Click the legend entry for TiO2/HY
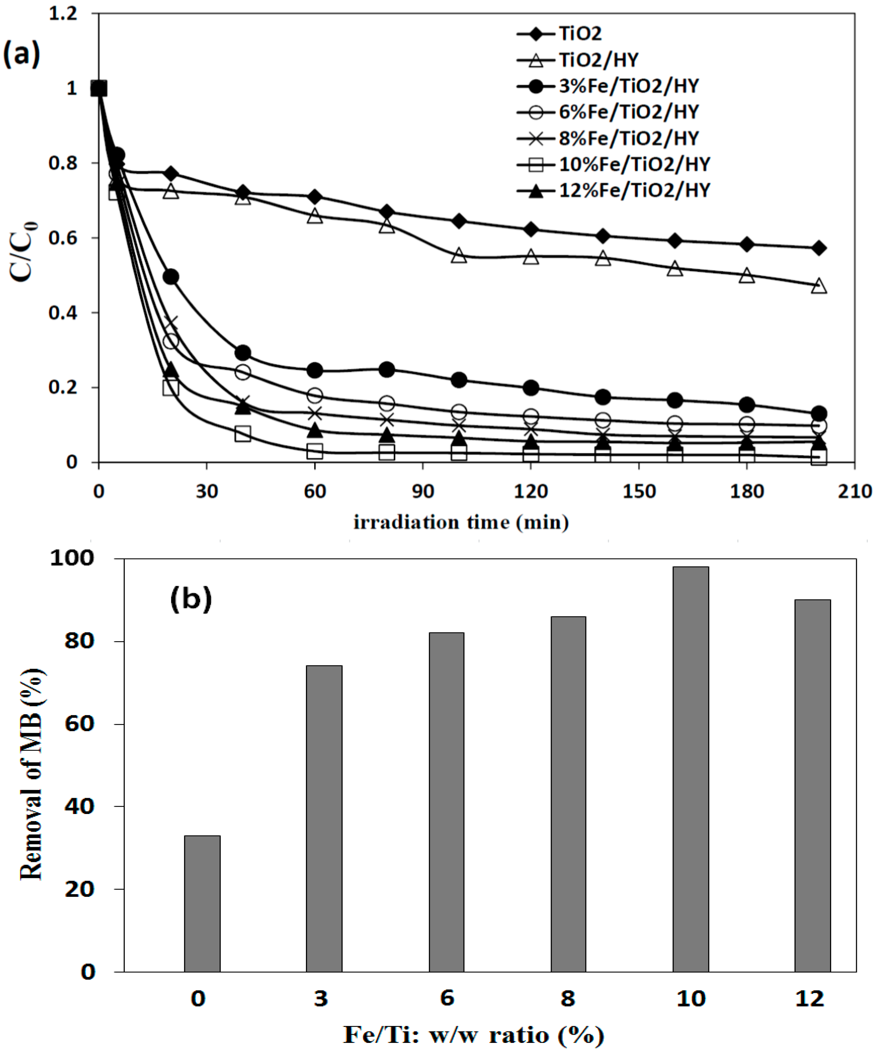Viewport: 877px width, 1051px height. pos(598,60)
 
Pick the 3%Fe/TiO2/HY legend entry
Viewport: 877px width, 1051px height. pos(628,86)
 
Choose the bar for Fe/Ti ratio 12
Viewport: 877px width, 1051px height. pos(812,786)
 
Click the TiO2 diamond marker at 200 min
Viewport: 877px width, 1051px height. pos(818,248)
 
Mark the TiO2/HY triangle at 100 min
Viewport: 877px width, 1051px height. pos(459,256)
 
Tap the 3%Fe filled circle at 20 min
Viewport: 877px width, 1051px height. pos(171,277)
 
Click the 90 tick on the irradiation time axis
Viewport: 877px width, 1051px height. pos(423,492)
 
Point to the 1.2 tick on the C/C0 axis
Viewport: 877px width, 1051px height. pos(63,13)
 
